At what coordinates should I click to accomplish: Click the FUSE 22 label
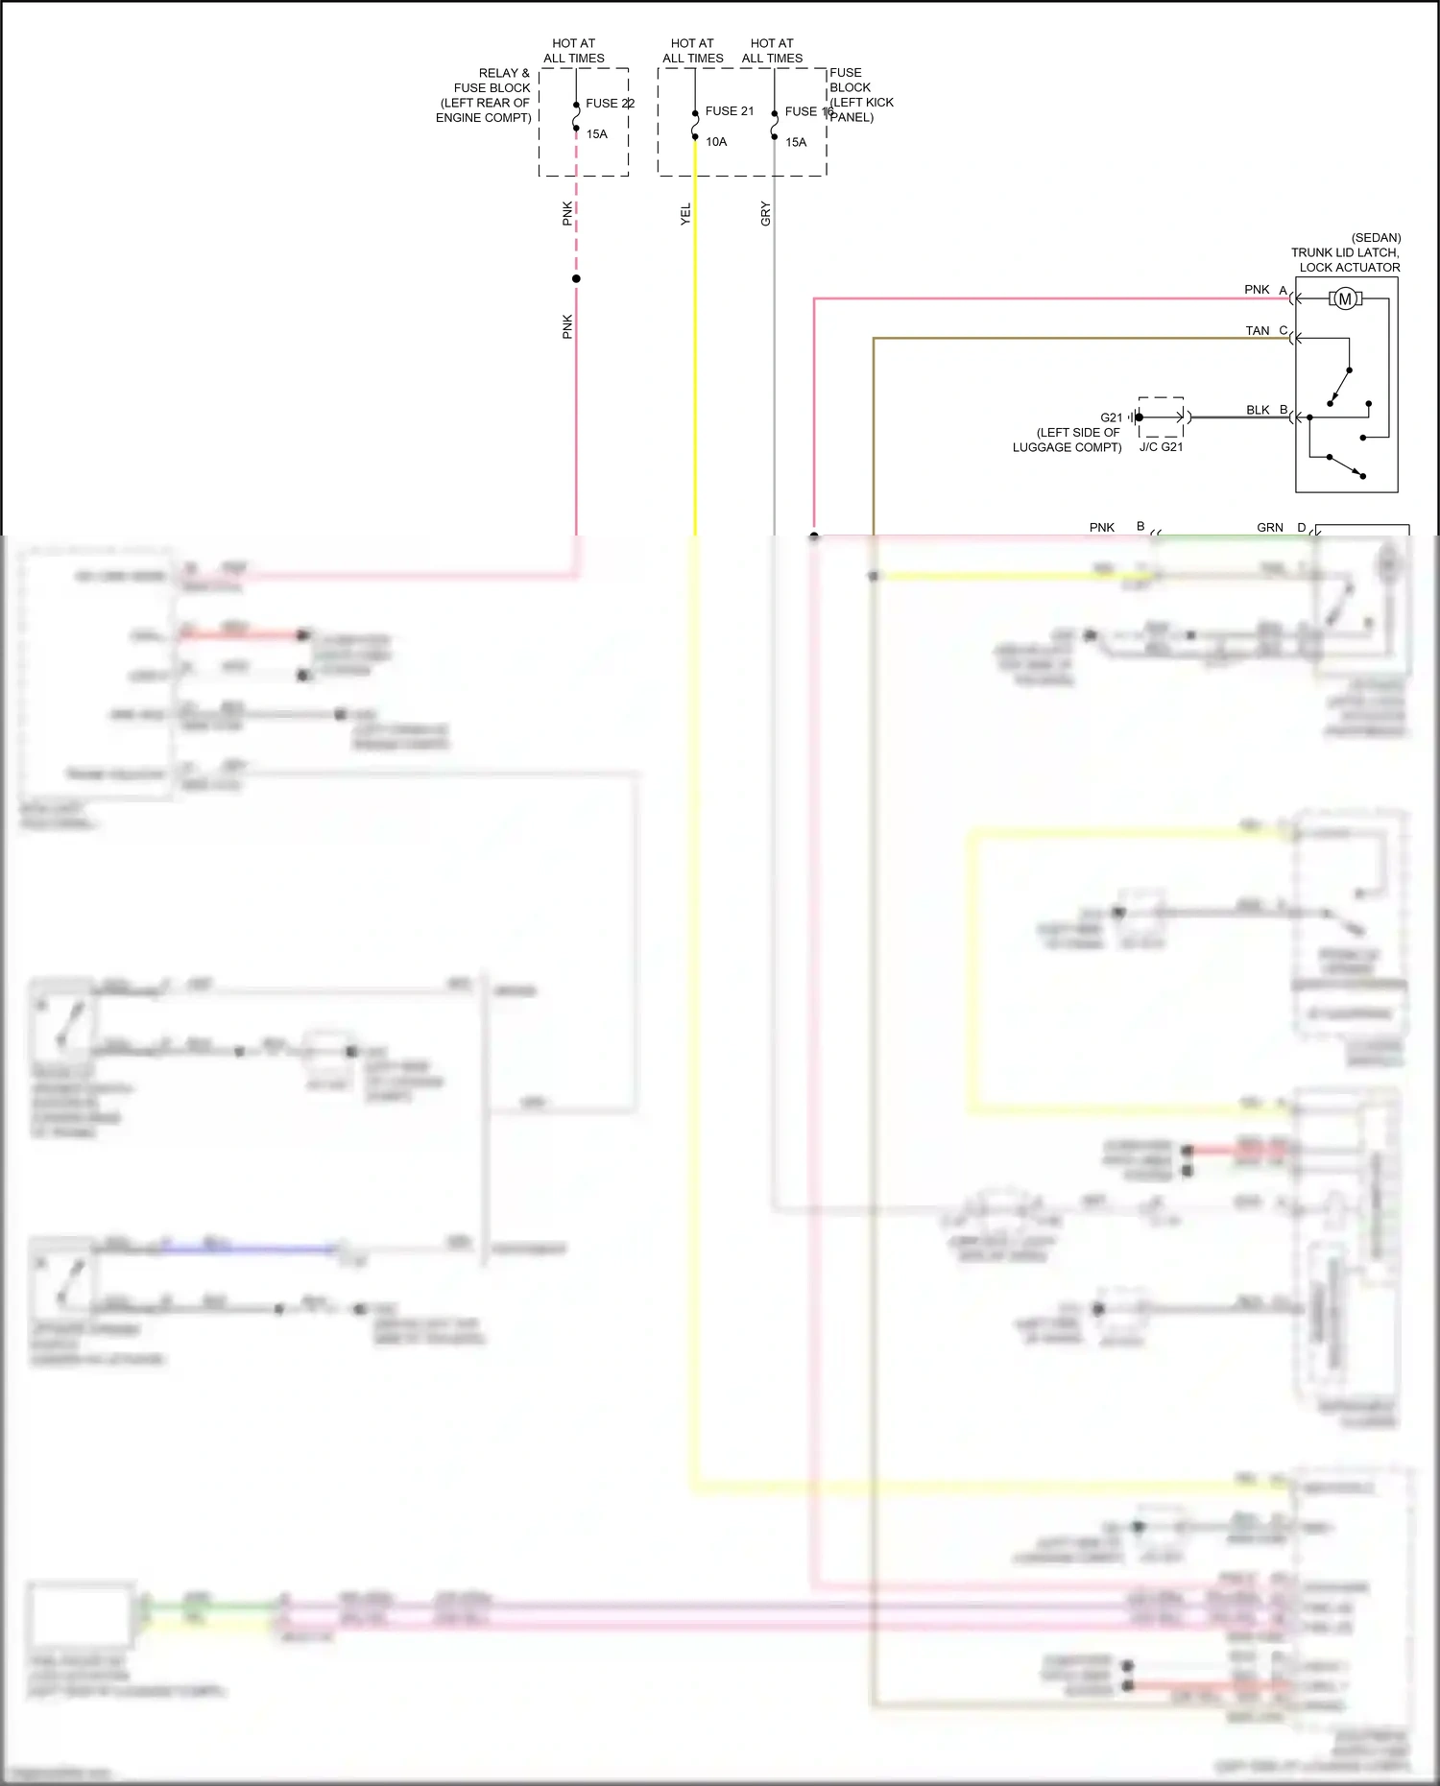coord(610,104)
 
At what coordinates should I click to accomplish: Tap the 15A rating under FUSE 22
coord(596,134)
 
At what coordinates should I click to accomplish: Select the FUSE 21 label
coord(729,111)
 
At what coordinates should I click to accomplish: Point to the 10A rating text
coord(716,142)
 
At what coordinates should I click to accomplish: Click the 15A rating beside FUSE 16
coord(796,142)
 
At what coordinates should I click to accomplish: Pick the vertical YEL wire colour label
coord(685,214)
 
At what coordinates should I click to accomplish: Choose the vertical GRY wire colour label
coord(765,213)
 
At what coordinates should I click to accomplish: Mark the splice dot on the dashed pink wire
coord(576,278)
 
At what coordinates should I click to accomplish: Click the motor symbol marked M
coord(1345,299)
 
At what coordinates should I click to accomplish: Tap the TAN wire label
coord(1257,331)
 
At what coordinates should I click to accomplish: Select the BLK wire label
coord(1258,410)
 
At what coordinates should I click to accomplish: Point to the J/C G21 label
coord(1161,447)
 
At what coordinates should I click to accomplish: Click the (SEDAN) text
coord(1376,238)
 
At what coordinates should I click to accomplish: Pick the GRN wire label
coord(1269,528)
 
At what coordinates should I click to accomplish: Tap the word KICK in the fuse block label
coord(879,103)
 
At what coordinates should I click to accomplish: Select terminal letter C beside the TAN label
coord(1284,330)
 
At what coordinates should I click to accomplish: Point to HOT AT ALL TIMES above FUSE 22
coord(574,51)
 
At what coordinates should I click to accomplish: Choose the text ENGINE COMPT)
coord(484,118)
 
